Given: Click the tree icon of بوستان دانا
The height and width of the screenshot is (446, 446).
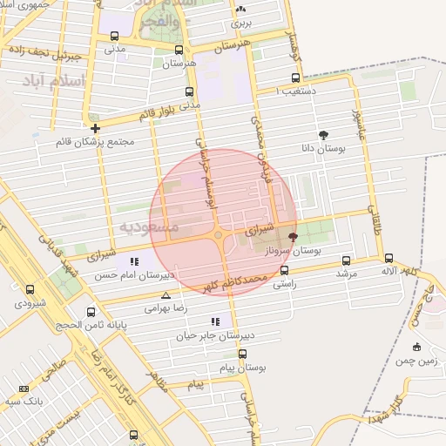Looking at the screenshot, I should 324,135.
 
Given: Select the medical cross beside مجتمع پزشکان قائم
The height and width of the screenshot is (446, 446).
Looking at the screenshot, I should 95,128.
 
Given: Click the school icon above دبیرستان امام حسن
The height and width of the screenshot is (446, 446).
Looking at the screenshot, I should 133,261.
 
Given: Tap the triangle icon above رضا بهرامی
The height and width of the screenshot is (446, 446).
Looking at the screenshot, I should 166,296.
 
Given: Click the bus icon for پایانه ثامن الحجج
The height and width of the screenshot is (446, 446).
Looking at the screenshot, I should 91,312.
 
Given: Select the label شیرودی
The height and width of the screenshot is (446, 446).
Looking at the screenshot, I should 30,303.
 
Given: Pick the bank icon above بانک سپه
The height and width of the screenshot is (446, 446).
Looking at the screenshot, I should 24,389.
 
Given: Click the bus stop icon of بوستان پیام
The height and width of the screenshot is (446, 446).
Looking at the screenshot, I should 242,354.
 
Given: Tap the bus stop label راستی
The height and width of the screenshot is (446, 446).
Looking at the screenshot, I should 285,284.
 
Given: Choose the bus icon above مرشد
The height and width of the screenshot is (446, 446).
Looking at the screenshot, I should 347,260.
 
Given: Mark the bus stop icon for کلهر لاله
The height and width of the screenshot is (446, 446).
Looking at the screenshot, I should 389,258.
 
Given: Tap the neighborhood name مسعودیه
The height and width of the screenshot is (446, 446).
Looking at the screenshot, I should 148,227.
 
